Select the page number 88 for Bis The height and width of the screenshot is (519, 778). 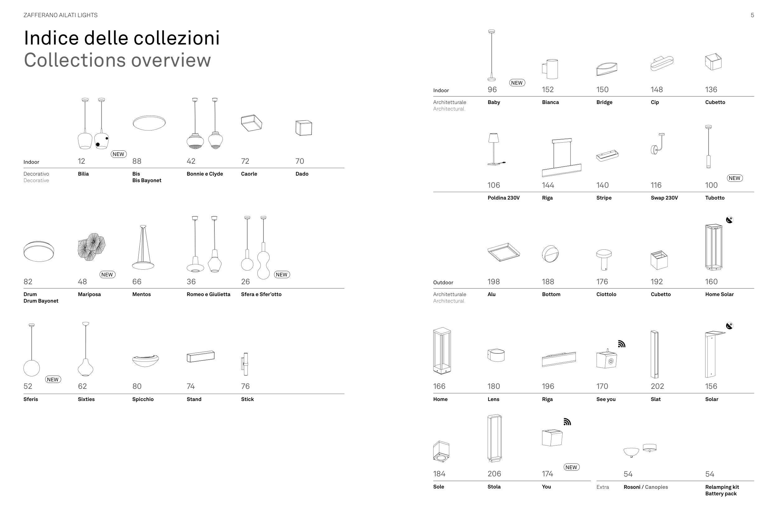point(137,161)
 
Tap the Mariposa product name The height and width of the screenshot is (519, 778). point(89,294)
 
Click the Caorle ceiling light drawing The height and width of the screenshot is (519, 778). point(251,123)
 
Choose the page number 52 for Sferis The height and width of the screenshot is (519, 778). point(28,386)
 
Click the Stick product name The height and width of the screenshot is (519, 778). point(247,399)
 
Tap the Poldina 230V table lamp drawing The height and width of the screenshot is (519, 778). point(495,149)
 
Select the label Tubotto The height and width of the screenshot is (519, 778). point(715,198)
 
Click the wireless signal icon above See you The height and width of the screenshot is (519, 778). point(621,344)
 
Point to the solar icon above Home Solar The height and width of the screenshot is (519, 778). point(729,220)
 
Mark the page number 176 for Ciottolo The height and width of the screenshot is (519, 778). point(602,282)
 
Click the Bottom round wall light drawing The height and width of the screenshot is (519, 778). point(550,254)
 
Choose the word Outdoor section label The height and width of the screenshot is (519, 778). point(443,282)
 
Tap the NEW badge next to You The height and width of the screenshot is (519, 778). point(571,467)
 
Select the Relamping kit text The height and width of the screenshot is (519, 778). point(722,487)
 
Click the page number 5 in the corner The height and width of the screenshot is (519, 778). point(752,15)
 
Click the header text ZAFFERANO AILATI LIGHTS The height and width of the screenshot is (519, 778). point(61,15)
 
